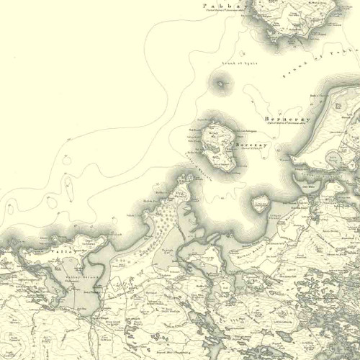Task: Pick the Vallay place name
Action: (x=60, y=252)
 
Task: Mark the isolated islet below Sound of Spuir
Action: (x=220, y=84)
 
